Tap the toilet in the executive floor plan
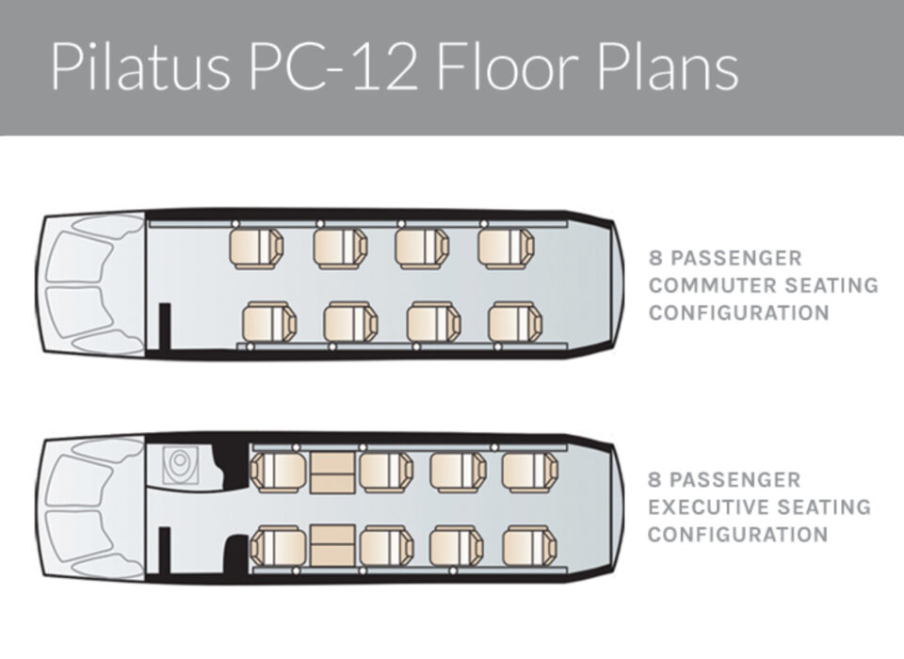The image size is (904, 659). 179,464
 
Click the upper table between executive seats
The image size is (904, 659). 332,472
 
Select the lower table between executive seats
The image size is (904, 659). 332,545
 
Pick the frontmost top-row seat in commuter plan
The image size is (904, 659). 256,249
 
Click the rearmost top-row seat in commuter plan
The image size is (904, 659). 506,249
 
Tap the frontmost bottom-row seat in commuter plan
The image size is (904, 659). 269,322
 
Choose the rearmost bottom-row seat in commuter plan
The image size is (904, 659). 515,322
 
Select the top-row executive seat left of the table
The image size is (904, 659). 280,472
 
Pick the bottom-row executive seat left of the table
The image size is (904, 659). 280,545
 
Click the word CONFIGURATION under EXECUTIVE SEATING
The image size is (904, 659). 738,535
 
